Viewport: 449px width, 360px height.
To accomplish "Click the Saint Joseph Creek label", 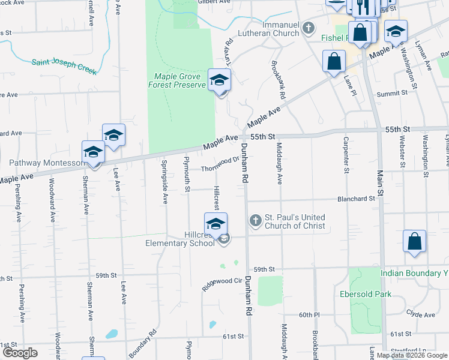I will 64,65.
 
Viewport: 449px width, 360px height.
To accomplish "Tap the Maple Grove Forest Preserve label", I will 178,80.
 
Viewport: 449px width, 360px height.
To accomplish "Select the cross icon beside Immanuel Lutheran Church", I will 309,28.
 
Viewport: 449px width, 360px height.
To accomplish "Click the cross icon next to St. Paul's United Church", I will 256,221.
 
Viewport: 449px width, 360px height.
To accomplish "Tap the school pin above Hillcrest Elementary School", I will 216,224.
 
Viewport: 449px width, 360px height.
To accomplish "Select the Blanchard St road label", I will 356,198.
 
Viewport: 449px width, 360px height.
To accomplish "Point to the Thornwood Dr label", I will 220,163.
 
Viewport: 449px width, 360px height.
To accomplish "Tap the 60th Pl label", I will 310,315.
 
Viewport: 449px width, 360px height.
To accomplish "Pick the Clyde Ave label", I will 420,314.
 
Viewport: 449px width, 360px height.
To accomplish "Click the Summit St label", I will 392,94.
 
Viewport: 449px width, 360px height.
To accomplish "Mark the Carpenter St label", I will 346,155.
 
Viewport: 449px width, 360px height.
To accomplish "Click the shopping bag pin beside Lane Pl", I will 334,61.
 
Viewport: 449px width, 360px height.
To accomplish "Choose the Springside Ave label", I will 164,182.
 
